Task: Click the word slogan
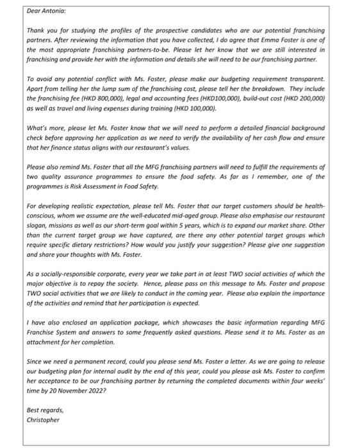[38, 225]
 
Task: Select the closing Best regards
[45, 410]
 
